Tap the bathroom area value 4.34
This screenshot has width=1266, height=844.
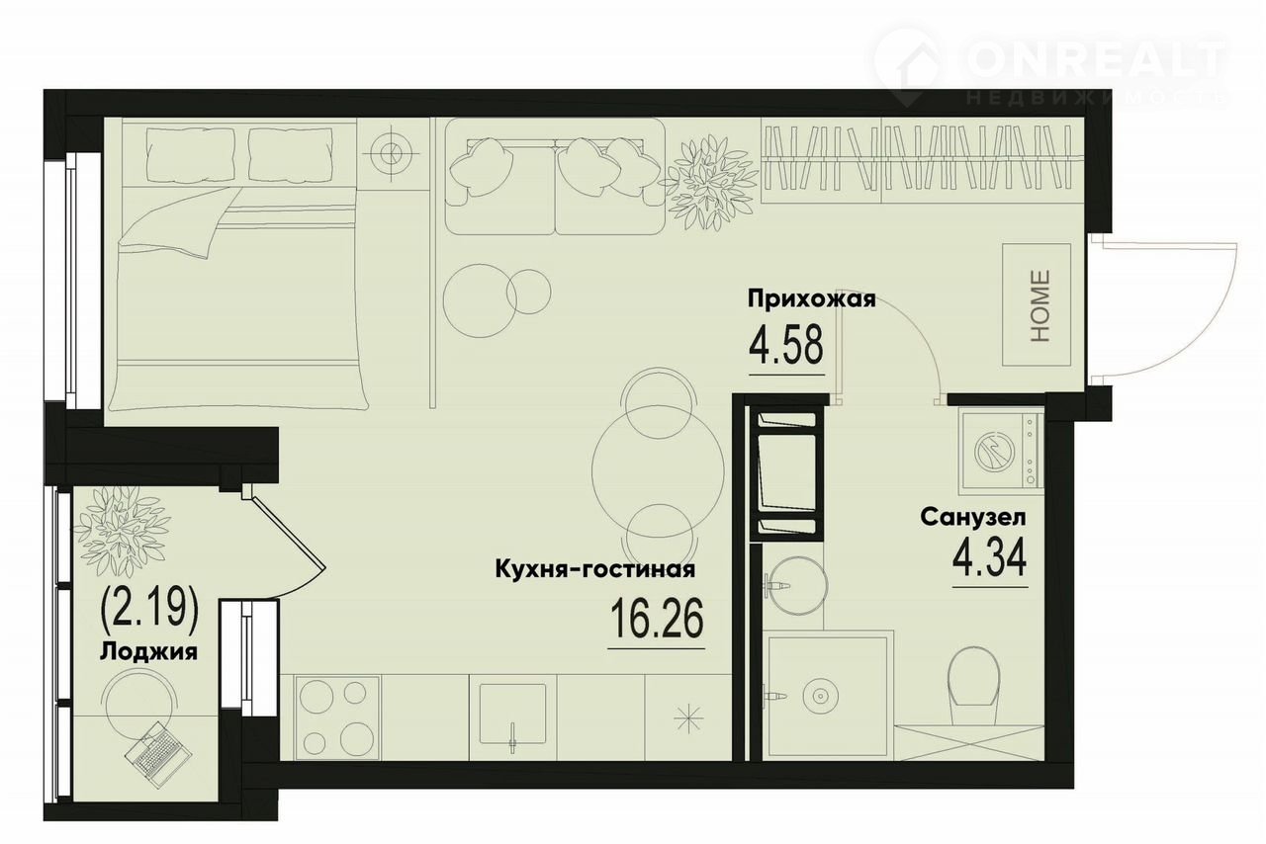[990, 557]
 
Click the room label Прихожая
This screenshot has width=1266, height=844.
[812, 298]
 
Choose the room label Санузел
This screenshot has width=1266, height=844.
[973, 517]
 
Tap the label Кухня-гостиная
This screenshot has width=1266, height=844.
[595, 570]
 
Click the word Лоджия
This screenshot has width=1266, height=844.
[148, 652]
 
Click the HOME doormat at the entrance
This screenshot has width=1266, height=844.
[1037, 304]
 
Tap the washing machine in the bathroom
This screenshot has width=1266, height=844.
[1001, 449]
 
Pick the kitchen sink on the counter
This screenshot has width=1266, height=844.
[512, 715]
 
